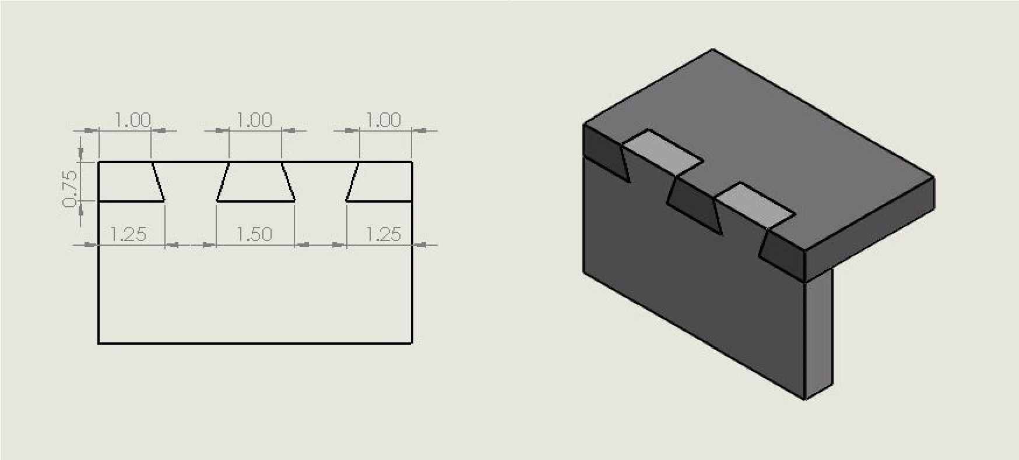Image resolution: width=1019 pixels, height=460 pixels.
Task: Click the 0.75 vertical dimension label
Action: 69,189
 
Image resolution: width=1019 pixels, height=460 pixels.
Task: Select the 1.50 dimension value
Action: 254,235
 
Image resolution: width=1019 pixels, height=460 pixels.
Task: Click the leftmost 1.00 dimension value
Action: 133,121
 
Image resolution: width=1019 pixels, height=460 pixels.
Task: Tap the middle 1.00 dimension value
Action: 254,121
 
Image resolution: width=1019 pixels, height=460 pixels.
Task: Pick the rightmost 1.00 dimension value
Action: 383,121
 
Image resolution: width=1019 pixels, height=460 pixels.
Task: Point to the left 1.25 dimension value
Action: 128,235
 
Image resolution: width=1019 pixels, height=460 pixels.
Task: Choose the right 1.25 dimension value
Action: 383,235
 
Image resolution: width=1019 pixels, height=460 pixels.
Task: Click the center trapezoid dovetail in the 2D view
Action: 255,182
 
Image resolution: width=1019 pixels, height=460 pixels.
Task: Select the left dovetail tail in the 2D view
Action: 128,182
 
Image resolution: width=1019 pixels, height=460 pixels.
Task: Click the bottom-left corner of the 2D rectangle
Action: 99,343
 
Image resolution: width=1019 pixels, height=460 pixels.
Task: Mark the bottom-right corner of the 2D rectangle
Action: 412,343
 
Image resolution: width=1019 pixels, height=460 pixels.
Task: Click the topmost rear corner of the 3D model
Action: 713,50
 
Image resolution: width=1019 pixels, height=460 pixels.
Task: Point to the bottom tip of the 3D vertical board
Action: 805,399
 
